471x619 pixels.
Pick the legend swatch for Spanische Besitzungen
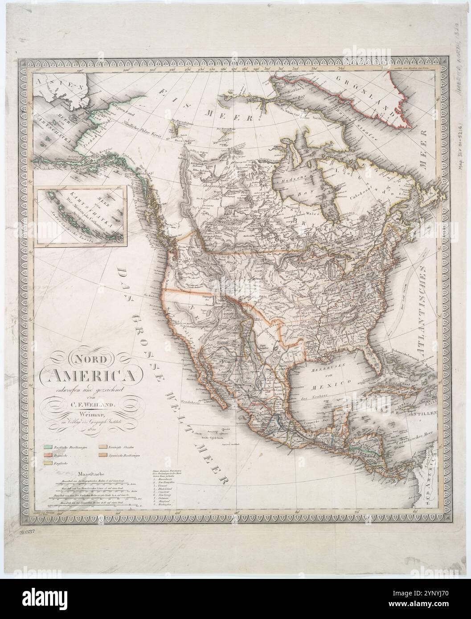click(102, 454)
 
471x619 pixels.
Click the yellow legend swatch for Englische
click(48, 463)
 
